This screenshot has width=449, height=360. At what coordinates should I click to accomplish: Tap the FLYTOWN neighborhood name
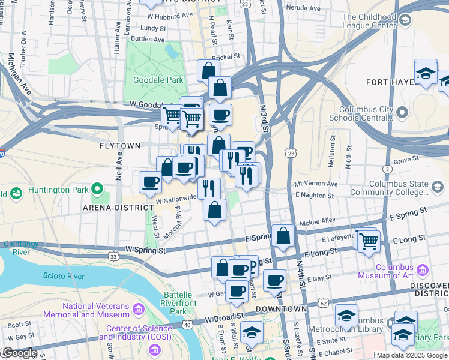(x=120, y=146)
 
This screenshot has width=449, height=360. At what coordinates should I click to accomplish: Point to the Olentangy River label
(x=25, y=248)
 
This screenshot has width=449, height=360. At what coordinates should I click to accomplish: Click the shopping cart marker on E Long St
(x=369, y=241)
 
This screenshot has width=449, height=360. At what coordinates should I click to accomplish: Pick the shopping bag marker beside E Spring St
(x=283, y=236)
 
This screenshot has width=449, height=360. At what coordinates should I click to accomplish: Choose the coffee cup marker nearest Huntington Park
(x=150, y=182)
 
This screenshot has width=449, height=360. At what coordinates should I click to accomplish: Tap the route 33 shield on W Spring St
(x=113, y=257)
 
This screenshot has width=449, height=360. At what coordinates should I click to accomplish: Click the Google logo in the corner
(x=19, y=353)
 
